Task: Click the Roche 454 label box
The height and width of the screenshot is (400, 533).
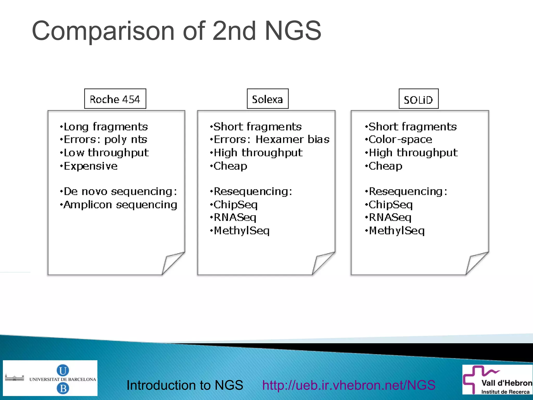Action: click(x=115, y=99)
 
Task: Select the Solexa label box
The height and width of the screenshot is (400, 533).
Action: click(x=268, y=99)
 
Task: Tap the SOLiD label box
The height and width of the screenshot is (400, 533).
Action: click(x=418, y=99)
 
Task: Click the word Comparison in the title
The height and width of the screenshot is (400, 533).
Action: click(x=103, y=31)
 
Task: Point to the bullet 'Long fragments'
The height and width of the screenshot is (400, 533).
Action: click(x=106, y=127)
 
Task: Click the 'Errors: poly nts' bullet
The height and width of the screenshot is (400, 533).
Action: click(x=105, y=140)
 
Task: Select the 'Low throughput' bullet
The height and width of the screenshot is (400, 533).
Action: click(x=106, y=153)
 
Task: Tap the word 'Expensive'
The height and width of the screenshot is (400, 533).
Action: click(x=91, y=166)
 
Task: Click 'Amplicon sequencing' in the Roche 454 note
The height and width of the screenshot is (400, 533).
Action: click(x=120, y=205)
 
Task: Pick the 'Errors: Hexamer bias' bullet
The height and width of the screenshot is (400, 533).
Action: click(x=271, y=140)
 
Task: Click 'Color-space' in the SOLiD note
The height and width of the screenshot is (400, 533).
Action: click(x=400, y=140)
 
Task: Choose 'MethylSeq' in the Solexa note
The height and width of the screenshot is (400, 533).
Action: click(x=242, y=231)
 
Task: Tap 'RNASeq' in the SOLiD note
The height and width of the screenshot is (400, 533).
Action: click(x=390, y=218)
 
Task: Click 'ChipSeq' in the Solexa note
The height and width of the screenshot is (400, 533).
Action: click(x=236, y=205)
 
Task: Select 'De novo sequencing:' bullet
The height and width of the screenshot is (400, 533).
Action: click(x=120, y=192)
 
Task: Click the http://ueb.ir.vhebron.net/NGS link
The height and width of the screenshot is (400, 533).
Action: click(x=349, y=385)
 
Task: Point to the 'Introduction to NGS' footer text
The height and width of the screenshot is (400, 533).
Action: click(x=185, y=385)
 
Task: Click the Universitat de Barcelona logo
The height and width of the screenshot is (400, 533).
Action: click(x=50, y=378)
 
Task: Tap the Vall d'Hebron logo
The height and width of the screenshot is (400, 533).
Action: click(x=497, y=379)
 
